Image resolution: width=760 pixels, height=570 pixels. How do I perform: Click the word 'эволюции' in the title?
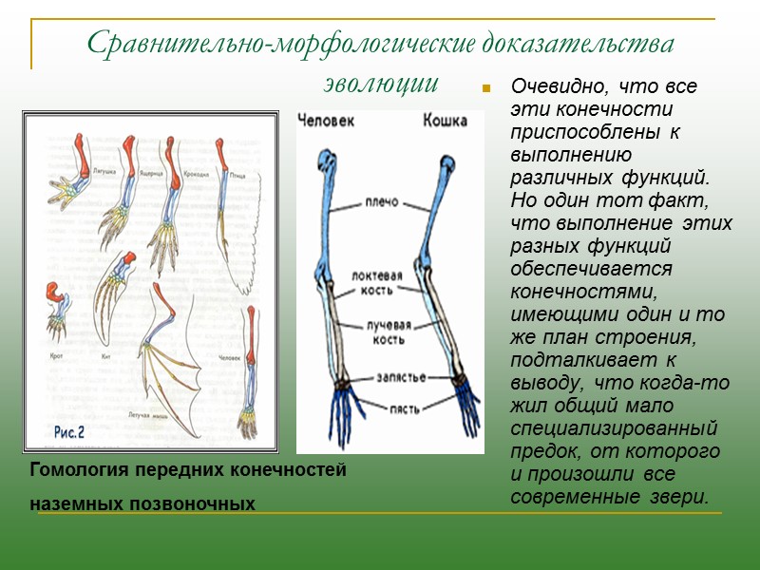point(379,83)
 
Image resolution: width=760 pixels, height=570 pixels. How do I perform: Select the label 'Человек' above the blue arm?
point(328,121)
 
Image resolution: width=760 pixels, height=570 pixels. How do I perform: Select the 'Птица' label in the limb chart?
point(238,176)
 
